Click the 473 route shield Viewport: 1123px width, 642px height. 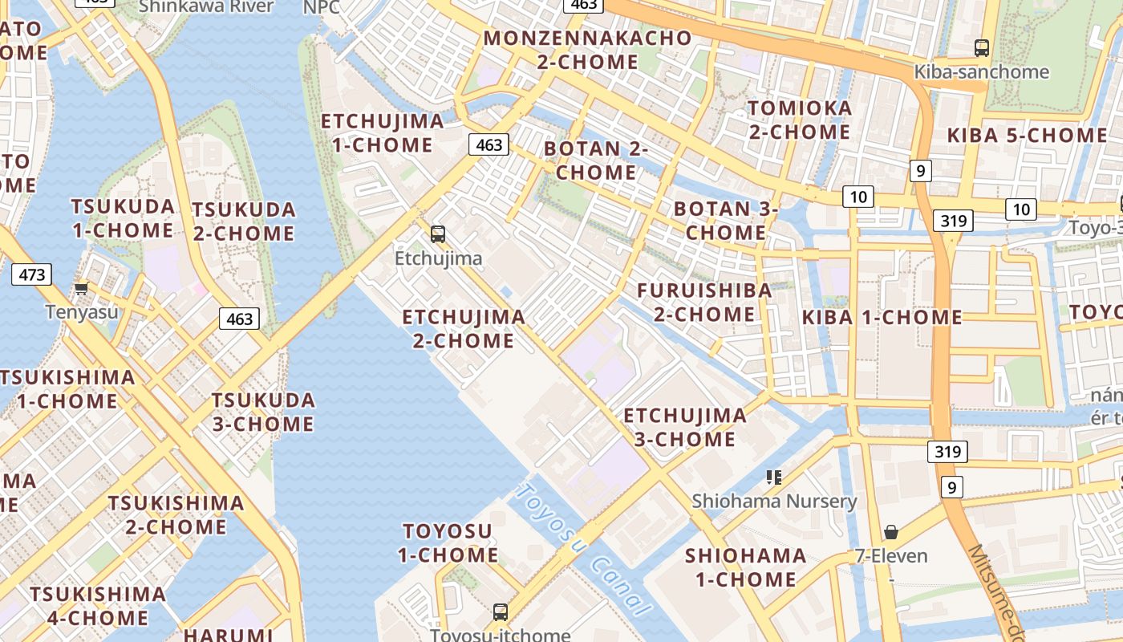click(31, 274)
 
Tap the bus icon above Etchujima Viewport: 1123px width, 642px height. click(437, 234)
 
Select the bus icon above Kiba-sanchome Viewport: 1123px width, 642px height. click(981, 47)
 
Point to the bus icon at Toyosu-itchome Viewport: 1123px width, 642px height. click(501, 612)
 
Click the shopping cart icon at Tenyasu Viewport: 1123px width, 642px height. click(81, 287)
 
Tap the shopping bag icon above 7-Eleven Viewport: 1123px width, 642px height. click(890, 532)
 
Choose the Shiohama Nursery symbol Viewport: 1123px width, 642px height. click(774, 478)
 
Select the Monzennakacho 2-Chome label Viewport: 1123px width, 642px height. click(587, 50)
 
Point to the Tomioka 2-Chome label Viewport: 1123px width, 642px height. click(799, 120)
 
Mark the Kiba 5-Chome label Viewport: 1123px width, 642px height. click(1027, 135)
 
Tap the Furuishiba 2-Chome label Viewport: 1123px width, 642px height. click(704, 302)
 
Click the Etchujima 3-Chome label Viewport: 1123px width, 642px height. click(685, 427)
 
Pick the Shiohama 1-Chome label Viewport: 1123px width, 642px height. click(745, 567)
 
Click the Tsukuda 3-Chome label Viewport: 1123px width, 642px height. click(263, 412)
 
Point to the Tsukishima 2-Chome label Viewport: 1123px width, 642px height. click(176, 514)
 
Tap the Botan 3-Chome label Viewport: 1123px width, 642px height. click(726, 221)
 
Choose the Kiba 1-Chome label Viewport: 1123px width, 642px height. click(882, 317)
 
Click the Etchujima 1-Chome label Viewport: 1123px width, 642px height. click(383, 133)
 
